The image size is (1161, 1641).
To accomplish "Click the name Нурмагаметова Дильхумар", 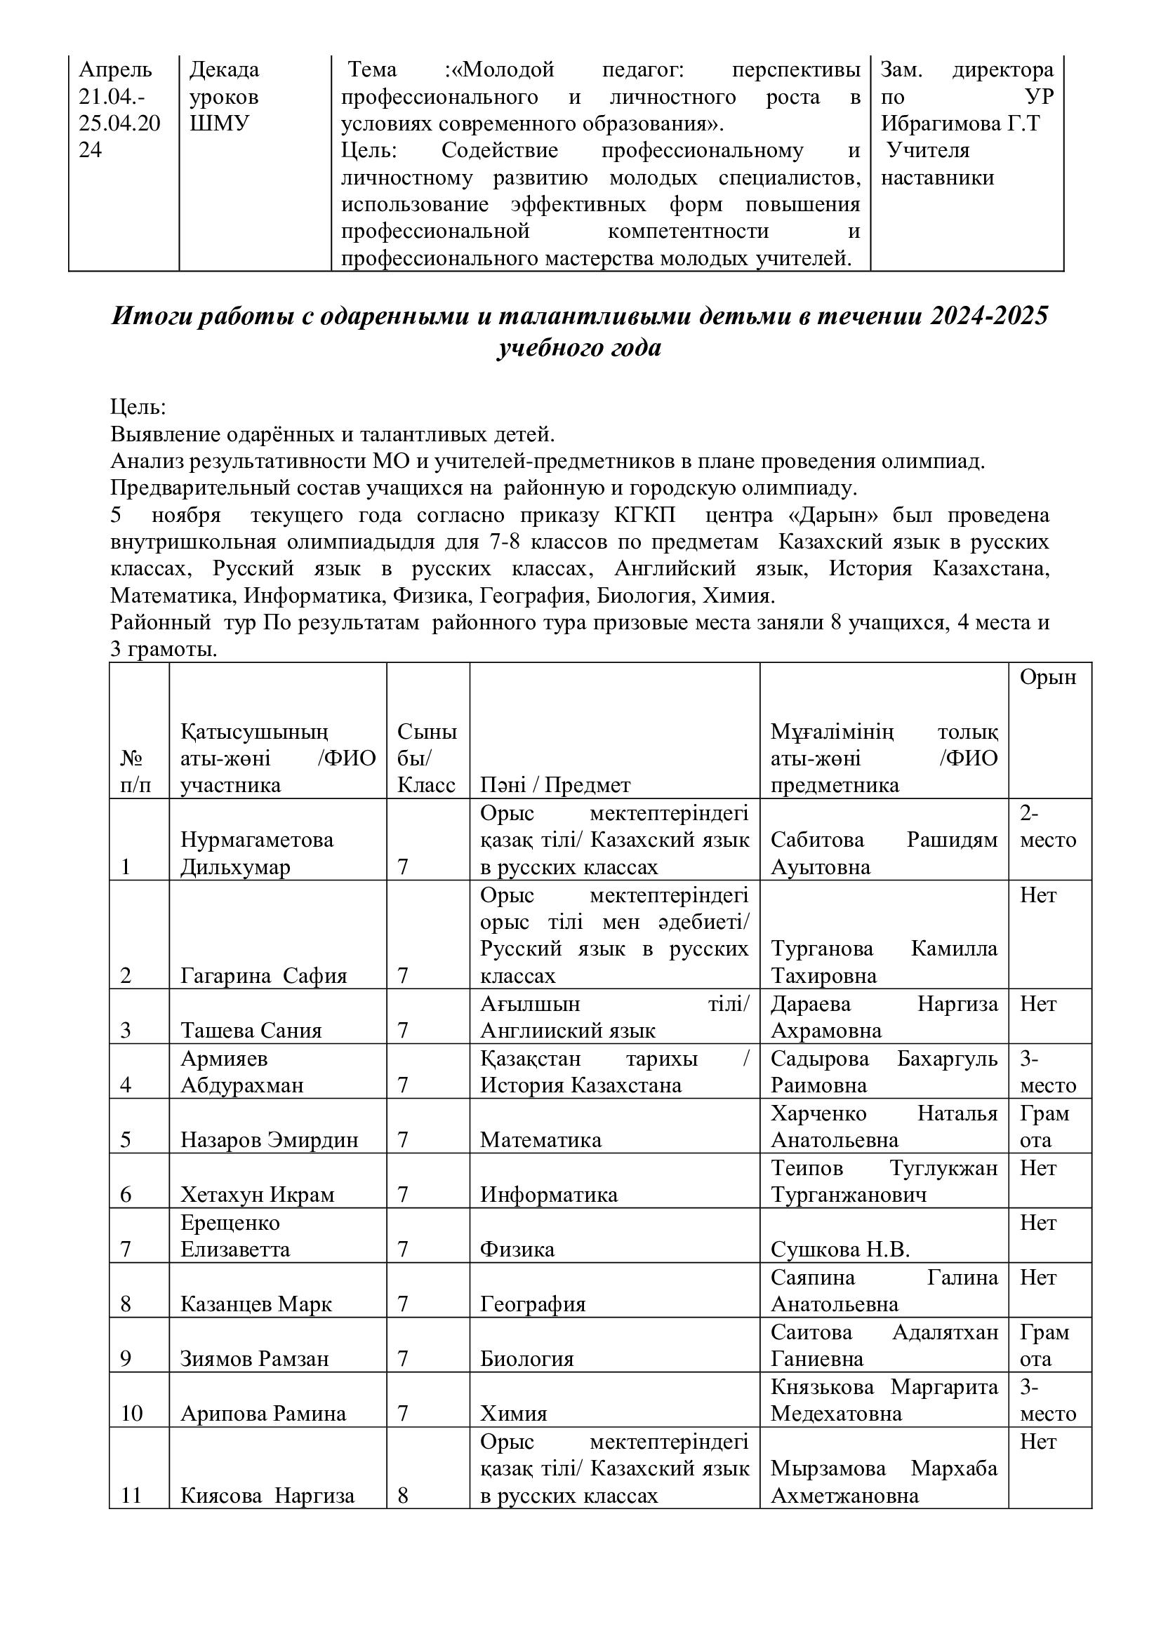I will [257, 852].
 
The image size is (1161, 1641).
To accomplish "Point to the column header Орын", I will [1047, 677].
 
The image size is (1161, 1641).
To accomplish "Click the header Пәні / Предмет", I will [555, 786].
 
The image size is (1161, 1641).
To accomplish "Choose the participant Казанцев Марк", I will [256, 1304].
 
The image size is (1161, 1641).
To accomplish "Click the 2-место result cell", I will [1047, 826].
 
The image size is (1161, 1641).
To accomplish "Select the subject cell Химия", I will [513, 1414].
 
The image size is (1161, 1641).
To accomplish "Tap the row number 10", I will [131, 1414].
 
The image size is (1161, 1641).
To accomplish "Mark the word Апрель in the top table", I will [115, 70].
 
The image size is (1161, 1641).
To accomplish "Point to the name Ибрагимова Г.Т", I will [960, 123].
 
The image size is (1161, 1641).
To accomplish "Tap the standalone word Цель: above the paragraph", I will [138, 408].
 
